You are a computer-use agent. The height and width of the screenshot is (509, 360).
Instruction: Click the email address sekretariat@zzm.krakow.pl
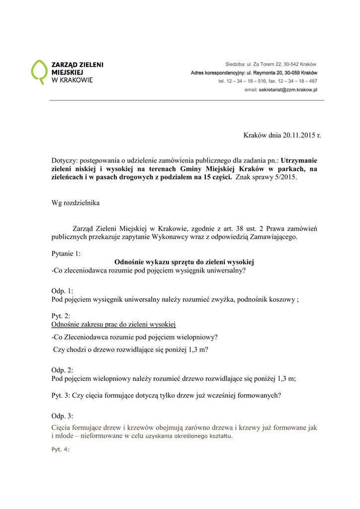coord(288,89)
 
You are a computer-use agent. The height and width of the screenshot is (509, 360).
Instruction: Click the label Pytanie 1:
coord(66,254)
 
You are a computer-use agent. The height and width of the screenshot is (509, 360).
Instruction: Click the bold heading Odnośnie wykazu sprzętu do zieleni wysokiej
coord(184,262)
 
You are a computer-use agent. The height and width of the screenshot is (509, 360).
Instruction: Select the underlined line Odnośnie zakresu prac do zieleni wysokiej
coord(114,325)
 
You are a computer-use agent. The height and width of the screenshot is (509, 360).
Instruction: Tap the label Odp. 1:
coord(62,291)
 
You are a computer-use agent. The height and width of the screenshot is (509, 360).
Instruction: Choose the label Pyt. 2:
coord(61,316)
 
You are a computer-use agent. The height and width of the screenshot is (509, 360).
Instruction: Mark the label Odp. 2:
coord(62,370)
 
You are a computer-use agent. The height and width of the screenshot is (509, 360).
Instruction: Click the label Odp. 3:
coord(62,416)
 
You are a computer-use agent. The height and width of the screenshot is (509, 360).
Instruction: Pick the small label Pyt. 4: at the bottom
coord(61,449)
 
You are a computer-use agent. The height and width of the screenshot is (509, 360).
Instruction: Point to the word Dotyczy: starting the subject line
coord(64,161)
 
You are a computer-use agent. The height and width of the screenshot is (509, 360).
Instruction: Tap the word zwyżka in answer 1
coord(224,299)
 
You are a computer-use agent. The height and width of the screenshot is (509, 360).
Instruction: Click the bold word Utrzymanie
coord(299,161)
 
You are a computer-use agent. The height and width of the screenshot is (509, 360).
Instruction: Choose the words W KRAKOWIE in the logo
coord(73,80)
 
